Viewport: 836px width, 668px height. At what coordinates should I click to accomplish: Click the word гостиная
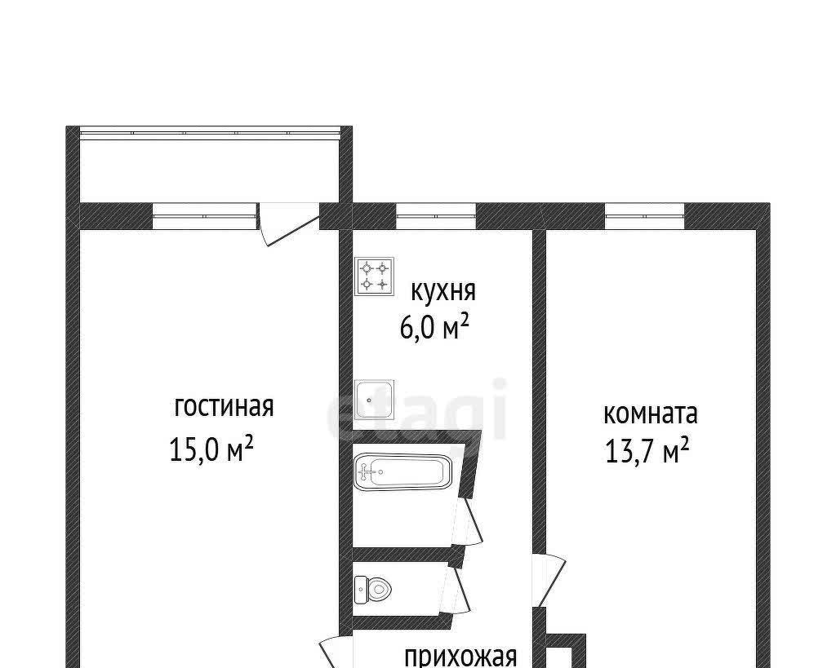pyautogui.click(x=224, y=407)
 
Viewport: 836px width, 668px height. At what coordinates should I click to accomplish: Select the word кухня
pyautogui.click(x=443, y=291)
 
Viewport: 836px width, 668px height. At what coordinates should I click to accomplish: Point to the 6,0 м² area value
pyautogui.click(x=434, y=326)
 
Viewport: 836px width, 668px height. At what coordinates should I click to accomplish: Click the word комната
pyautogui.click(x=651, y=414)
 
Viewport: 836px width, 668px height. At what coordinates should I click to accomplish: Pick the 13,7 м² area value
pyautogui.click(x=647, y=451)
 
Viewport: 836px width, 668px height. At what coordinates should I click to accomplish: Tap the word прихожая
pyautogui.click(x=460, y=657)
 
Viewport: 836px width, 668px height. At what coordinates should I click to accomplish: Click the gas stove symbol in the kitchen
pyautogui.click(x=374, y=276)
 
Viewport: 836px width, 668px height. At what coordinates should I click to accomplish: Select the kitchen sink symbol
pyautogui.click(x=374, y=399)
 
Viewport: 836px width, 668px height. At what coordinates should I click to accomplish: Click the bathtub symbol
pyautogui.click(x=402, y=470)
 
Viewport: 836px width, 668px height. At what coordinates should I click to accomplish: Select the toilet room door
pyautogui.click(x=456, y=590)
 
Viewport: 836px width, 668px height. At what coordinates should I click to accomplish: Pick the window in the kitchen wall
pyautogui.click(x=436, y=216)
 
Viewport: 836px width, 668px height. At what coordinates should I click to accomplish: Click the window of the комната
pyautogui.click(x=645, y=216)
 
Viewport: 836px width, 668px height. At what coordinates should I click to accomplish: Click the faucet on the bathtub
pyautogui.click(x=367, y=471)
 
